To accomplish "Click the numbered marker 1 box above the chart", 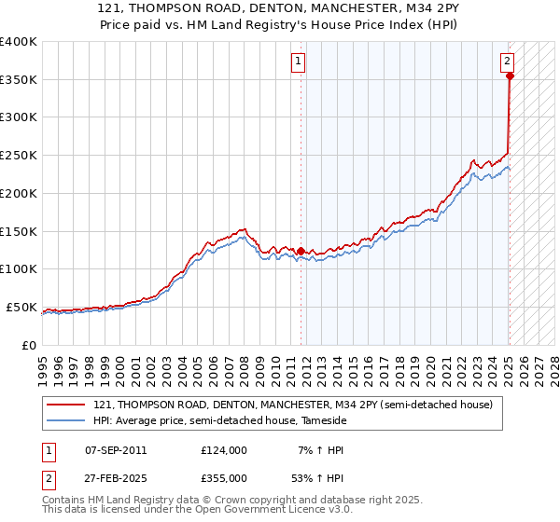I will point(298,62).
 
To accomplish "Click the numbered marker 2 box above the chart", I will point(507,62).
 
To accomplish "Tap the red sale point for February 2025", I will point(510,76).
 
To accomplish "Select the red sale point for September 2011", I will point(301,251).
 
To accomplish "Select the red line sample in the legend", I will point(66,405).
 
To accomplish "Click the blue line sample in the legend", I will point(66,421).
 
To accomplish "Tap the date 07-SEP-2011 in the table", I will point(116,450).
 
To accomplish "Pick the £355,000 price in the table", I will point(224,477).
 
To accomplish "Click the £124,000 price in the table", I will point(224,450).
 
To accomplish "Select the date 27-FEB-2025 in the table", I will point(116,477).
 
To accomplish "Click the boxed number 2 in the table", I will point(47,477).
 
